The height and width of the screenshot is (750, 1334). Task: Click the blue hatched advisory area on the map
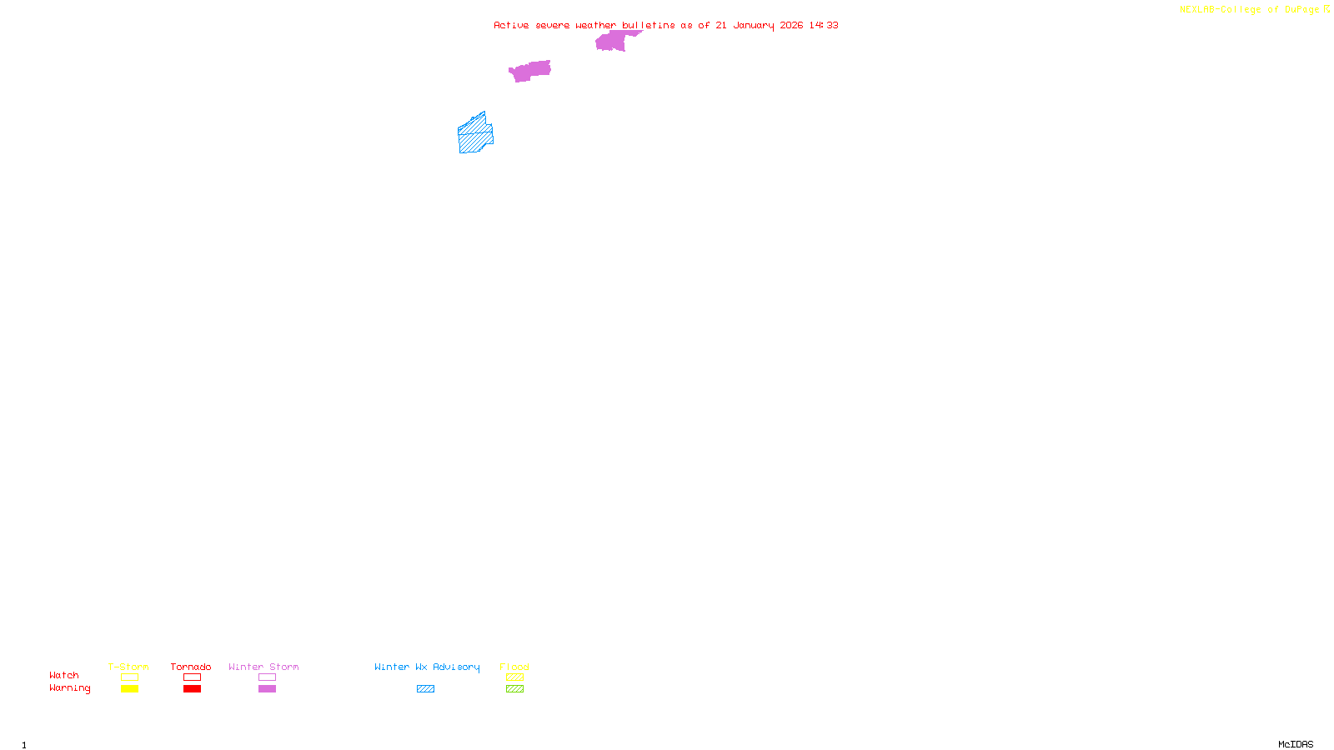[475, 135]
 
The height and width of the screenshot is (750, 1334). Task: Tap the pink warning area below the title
[529, 71]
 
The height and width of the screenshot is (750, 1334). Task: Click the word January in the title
[753, 25]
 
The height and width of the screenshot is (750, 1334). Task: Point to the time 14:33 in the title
[824, 25]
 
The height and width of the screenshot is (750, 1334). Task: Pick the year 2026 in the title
[791, 25]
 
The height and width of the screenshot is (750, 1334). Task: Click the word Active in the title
[511, 25]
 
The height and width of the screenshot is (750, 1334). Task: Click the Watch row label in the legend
[64, 675]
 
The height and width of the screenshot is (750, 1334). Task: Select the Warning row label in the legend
[70, 688]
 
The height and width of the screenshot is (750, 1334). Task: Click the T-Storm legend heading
[128, 667]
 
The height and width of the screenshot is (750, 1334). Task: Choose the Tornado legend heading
[191, 667]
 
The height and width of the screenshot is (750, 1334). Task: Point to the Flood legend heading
[514, 667]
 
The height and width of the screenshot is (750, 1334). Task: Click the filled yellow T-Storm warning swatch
[129, 689]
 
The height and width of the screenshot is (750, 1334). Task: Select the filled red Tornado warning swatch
[193, 689]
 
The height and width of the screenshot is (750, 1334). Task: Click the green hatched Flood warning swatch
[515, 689]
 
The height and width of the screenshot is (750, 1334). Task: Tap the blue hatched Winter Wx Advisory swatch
[425, 689]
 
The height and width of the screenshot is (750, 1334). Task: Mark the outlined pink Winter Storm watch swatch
[267, 677]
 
